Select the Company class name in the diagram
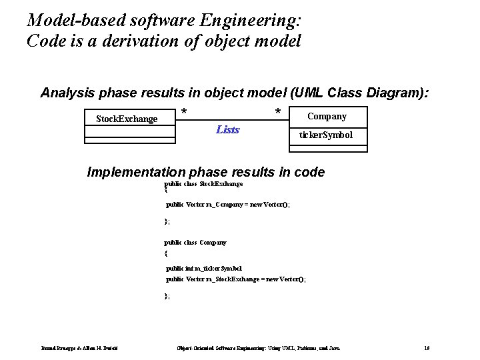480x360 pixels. (327, 117)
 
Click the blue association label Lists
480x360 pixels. (228, 129)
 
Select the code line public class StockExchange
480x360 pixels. (203, 183)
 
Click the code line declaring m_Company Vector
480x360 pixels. (227, 205)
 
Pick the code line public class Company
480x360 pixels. (195, 243)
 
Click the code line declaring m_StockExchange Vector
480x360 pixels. (235, 279)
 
